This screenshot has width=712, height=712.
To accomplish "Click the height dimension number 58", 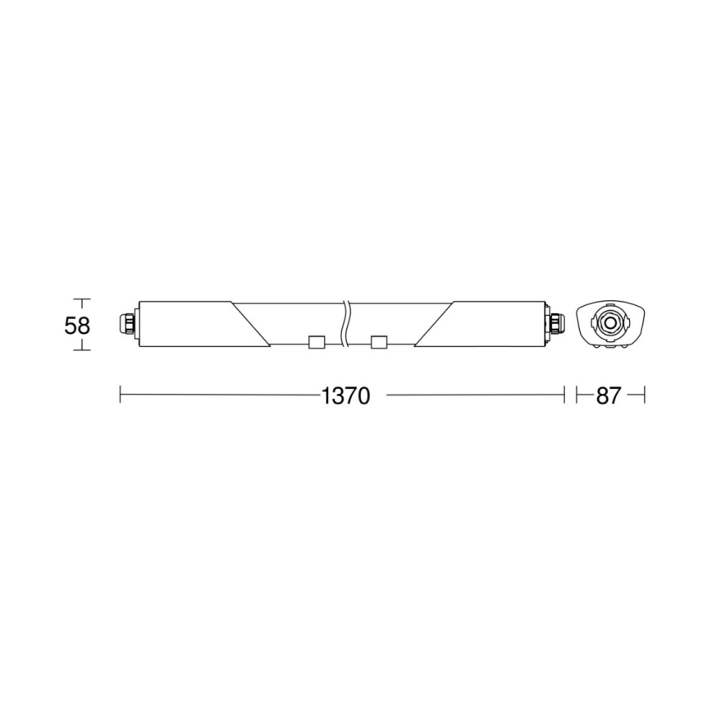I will [77, 325].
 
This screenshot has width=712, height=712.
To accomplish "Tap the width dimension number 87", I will [609, 396].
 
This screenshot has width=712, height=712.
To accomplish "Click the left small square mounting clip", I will [316, 343].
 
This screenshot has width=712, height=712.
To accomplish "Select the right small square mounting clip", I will [379, 343].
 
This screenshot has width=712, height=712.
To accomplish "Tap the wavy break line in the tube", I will [349, 322].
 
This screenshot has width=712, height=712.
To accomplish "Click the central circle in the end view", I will [609, 322].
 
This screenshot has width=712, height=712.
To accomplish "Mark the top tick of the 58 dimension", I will [80, 299].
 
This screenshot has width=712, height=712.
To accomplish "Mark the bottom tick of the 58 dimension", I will [80, 350].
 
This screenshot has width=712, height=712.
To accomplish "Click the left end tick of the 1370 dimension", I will [121, 395].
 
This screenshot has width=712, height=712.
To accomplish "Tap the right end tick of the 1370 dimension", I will [564, 395].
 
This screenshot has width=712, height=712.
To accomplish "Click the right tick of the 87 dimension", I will [645, 395].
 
